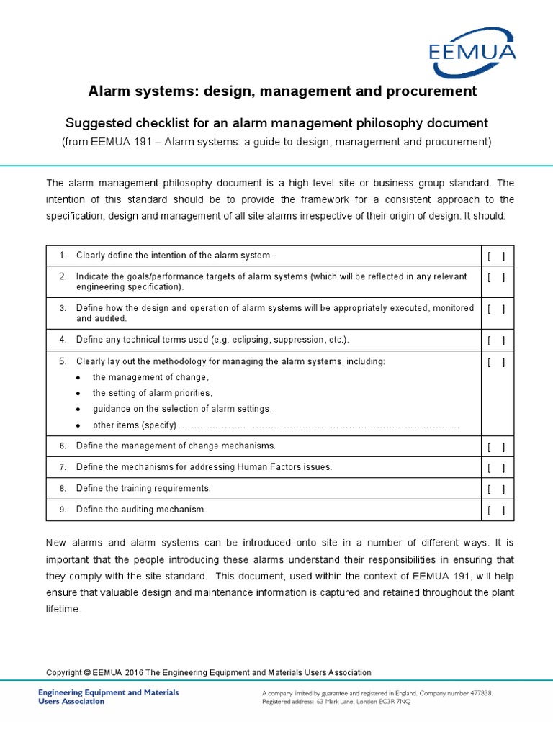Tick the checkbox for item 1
coord(496,256)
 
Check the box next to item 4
coord(496,340)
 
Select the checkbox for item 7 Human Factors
coord(496,467)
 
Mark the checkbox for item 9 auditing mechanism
coord(496,510)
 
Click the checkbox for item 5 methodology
coord(496,362)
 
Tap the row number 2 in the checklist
coord(63,276)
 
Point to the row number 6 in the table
coord(63,446)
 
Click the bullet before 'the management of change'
coord(78,378)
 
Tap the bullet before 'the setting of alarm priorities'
coord(78,394)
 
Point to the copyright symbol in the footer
coord(87,673)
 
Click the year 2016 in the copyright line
coord(134,673)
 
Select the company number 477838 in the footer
coord(478,692)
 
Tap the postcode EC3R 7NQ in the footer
coord(393,702)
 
